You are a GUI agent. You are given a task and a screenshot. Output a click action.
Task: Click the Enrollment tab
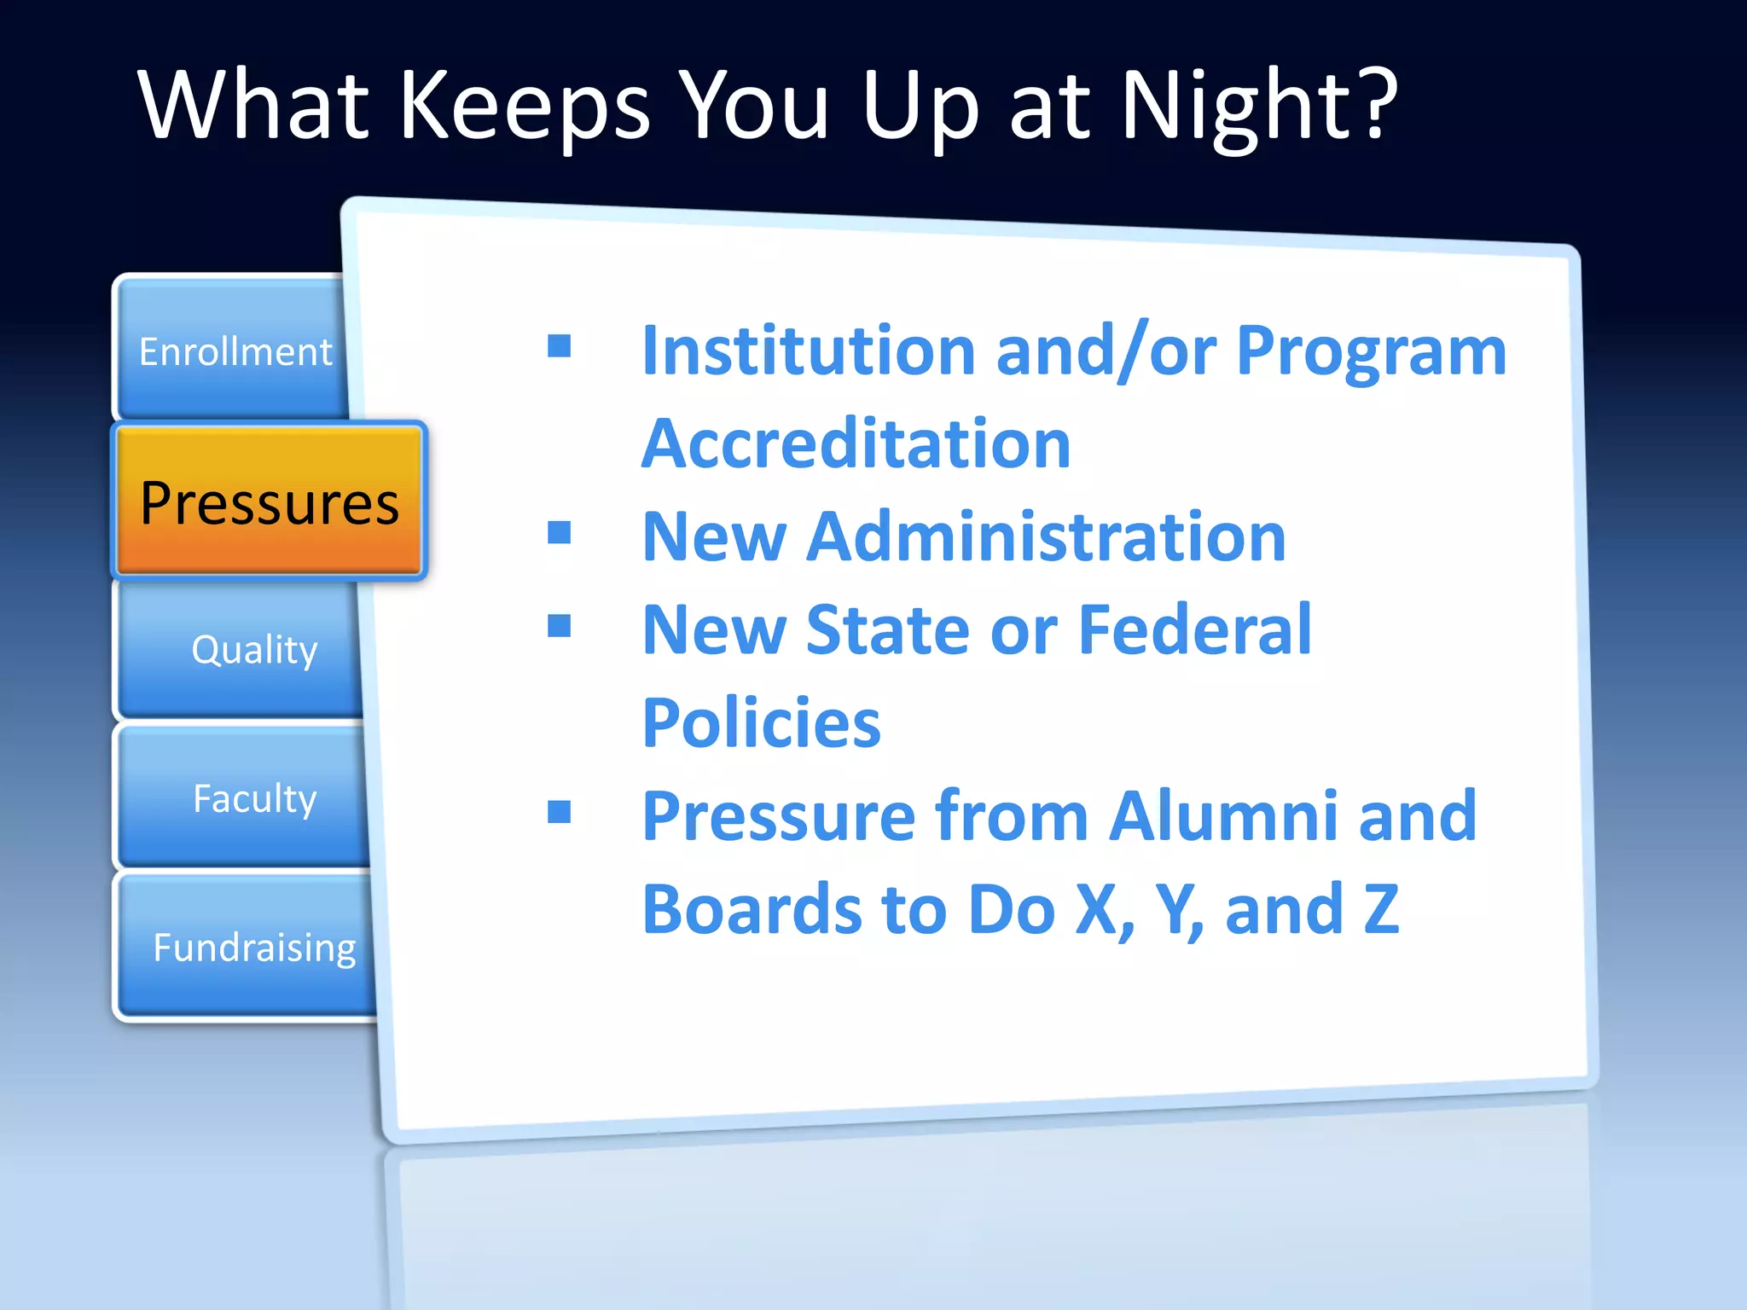(x=235, y=351)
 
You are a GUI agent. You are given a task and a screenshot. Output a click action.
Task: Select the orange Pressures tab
(x=270, y=502)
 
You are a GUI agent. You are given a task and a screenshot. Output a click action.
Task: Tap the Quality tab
(x=254, y=650)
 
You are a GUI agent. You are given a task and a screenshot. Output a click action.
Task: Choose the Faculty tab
(x=254, y=799)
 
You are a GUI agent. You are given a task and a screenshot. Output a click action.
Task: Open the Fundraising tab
(x=254, y=948)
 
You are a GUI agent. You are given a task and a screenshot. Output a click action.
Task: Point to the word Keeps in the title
(x=525, y=107)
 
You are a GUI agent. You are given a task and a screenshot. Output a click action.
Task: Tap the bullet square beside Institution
(x=560, y=345)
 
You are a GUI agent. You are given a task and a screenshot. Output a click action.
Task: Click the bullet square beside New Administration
(x=560, y=533)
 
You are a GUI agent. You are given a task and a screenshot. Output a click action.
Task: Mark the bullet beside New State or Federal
(x=560, y=626)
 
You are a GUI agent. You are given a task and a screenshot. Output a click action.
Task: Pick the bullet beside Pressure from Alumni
(x=560, y=812)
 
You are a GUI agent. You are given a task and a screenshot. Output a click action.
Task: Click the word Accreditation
(x=856, y=443)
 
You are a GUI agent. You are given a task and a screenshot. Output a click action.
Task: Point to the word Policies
(x=761, y=723)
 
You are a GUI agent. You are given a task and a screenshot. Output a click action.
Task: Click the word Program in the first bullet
(x=1371, y=353)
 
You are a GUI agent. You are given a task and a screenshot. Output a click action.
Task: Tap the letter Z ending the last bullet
(x=1381, y=909)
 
